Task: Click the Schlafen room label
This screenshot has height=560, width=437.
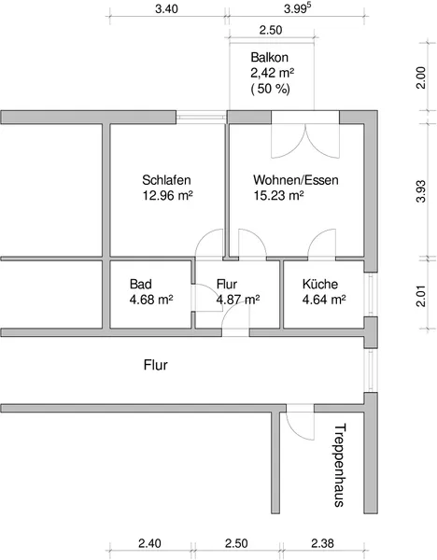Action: pos(166,179)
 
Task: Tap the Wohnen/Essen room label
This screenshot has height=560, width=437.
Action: pos(295,179)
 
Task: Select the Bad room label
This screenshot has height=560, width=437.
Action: pos(141,284)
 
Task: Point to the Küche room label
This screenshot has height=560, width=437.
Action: pos(319,284)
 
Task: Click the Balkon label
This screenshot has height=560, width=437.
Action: pos(269,57)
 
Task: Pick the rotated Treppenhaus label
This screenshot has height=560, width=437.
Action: pos(339,465)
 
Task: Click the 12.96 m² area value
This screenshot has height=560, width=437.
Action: pos(167,195)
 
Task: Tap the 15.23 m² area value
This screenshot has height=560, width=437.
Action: pos(278,195)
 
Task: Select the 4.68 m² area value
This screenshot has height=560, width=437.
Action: pos(151,300)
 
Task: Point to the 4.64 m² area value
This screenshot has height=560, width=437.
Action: pos(324,300)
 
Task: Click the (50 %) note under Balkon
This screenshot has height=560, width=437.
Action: pos(270,89)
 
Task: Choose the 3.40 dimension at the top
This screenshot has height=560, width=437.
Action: pos(166,9)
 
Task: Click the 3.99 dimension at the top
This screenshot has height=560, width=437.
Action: pos(297,8)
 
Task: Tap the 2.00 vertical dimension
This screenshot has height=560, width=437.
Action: pos(421,77)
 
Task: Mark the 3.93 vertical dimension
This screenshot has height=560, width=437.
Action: pos(421,191)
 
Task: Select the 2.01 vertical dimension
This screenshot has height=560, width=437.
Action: pos(421,296)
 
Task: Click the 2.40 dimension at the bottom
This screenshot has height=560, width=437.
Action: pos(149,543)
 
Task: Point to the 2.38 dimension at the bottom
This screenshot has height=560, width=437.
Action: pos(322,543)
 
